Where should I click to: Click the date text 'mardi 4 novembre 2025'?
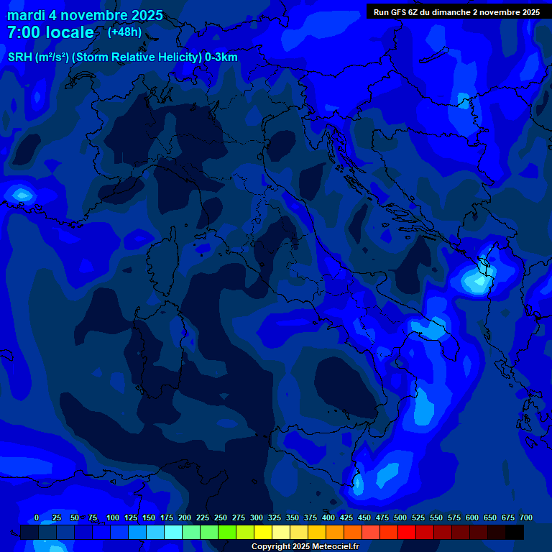coord(85,15)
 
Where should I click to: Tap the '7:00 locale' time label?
coord(50,32)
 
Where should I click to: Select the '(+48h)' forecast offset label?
coord(124,32)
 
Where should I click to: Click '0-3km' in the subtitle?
coord(221,57)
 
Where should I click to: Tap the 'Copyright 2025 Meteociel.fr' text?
coord(305,546)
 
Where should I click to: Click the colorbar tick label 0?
coord(37,517)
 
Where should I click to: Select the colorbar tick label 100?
coord(113,517)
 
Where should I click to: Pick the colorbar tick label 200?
coord(185,517)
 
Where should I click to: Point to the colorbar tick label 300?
coord(257,517)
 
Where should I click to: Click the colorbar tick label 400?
coord(328,517)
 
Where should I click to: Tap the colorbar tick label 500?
coord(400,517)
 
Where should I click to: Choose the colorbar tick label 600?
coord(472,517)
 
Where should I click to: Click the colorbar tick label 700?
coord(526,517)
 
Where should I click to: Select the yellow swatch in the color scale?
coord(263,532)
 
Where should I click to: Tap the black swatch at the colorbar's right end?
coord(515,532)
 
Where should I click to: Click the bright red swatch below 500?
coord(407,532)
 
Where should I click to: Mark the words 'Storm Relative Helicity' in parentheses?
coord(138,57)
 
